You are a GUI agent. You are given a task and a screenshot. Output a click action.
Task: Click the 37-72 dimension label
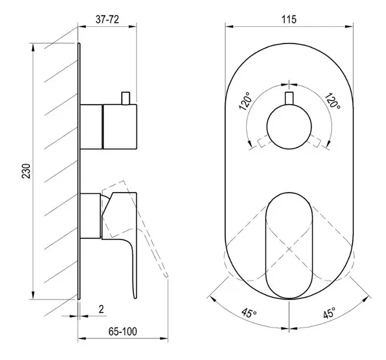pos(107,19)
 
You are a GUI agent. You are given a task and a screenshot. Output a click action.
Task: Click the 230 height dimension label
pos(26,171)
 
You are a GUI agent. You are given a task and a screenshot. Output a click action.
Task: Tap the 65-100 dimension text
pos(123,331)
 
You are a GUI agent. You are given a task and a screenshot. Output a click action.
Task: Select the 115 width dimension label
pos(289,19)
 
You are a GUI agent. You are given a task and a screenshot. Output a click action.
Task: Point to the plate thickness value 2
pos(101,309)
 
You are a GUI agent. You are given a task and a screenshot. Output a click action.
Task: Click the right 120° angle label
pos(332,101)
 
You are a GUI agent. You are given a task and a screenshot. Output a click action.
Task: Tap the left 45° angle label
pos(249,313)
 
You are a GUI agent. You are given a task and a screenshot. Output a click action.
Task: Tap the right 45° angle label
pos(329,313)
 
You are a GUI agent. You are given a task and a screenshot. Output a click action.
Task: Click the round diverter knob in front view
pos(289,127)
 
